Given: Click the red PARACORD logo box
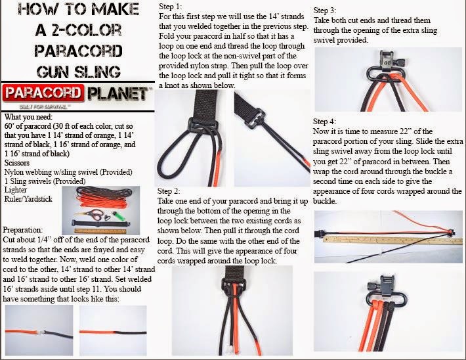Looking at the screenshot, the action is click(42, 93).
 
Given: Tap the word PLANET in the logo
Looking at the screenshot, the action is click(117, 93).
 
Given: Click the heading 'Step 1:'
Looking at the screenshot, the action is click(170, 7).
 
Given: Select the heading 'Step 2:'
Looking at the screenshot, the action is click(169, 191).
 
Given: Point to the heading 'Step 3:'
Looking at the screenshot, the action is click(325, 11).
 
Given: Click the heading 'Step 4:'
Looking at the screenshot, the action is click(324, 122).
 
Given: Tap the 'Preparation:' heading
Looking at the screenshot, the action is click(22, 230).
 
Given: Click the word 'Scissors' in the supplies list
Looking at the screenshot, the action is click(16, 163).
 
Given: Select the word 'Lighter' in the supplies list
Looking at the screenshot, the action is click(16, 190).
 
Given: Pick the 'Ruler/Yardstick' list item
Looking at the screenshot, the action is click(28, 199).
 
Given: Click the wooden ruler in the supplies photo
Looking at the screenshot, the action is click(100, 231).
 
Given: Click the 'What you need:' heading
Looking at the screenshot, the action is click(28, 117).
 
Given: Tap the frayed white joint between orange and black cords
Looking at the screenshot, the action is click(42, 332).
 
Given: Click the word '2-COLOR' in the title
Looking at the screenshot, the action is click(87, 30).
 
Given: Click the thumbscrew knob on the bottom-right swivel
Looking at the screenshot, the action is click(371, 286).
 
